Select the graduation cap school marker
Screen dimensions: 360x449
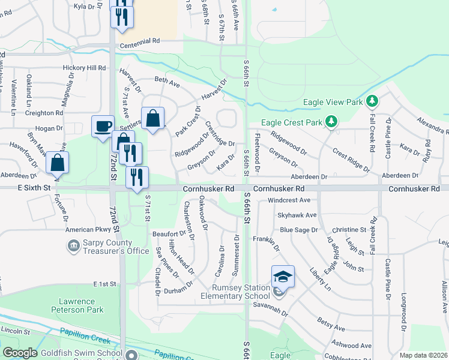pos(283,277)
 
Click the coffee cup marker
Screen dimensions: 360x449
pos(103,126)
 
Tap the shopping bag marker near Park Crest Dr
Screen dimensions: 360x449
pos(152,118)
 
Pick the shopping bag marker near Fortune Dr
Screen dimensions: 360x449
pos(57,163)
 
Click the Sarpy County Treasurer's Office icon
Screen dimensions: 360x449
pos(73,245)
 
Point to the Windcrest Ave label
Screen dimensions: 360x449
pos(289,200)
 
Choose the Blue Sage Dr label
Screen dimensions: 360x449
pos(298,230)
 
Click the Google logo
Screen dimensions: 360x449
pos(20,353)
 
